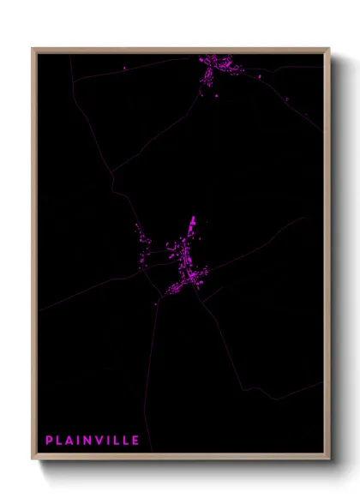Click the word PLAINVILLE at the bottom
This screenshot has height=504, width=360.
pyautogui.click(x=93, y=441)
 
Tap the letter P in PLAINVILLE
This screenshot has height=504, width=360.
pyautogui.click(x=50, y=441)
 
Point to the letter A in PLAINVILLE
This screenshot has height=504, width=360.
pyautogui.click(x=71, y=441)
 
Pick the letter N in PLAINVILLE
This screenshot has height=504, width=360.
pyautogui.click(x=90, y=441)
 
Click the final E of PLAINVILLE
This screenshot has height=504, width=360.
pyautogui.click(x=135, y=441)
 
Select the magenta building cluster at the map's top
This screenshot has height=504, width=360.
pyautogui.click(x=216, y=69)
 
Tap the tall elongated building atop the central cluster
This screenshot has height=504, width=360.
pyautogui.click(x=192, y=225)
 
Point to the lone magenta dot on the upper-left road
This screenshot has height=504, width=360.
pyautogui.click(x=125, y=67)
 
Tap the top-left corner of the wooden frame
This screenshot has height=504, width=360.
pyautogui.click(x=33, y=49)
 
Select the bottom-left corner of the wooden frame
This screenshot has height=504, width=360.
pyautogui.click(x=33, y=459)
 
